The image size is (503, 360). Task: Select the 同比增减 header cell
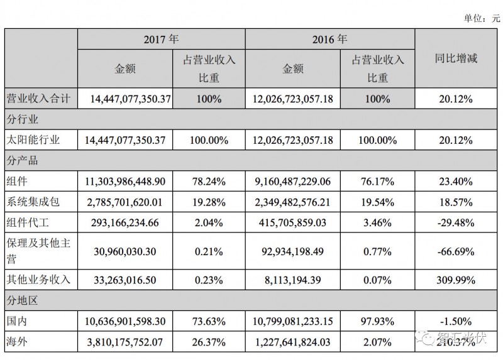456,58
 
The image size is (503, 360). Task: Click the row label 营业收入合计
40,98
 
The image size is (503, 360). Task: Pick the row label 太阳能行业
36,139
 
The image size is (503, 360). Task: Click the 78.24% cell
207,181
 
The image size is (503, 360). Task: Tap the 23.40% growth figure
456,181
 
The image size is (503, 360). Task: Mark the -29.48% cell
455,222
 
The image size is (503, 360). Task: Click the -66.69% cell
455,250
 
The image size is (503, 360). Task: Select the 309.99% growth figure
456,278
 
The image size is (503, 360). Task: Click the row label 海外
19,342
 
